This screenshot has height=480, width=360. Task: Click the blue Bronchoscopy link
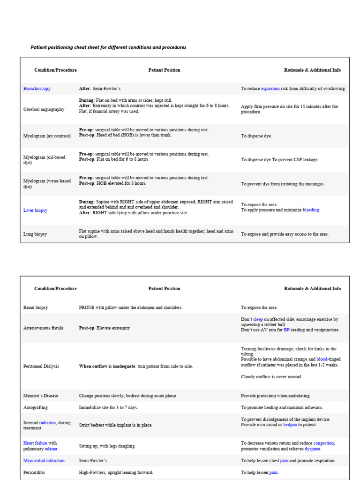(37, 88)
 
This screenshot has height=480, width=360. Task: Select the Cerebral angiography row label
(44, 109)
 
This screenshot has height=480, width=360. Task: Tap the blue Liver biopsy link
(35, 210)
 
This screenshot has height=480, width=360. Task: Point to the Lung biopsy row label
(35, 234)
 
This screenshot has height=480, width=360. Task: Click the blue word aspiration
(270, 88)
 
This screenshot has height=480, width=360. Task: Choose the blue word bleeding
(311, 210)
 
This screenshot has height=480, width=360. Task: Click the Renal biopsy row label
(36, 307)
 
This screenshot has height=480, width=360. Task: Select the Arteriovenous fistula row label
(43, 328)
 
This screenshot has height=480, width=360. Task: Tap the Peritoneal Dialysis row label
(41, 366)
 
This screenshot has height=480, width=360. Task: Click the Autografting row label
(36, 407)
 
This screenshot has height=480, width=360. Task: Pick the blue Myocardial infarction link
(44, 461)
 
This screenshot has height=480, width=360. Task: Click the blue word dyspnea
(313, 449)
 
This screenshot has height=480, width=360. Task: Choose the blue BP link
(286, 330)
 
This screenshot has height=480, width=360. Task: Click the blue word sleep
(258, 319)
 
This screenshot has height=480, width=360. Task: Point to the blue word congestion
(323, 443)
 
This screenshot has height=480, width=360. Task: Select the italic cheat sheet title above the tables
(108, 47)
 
